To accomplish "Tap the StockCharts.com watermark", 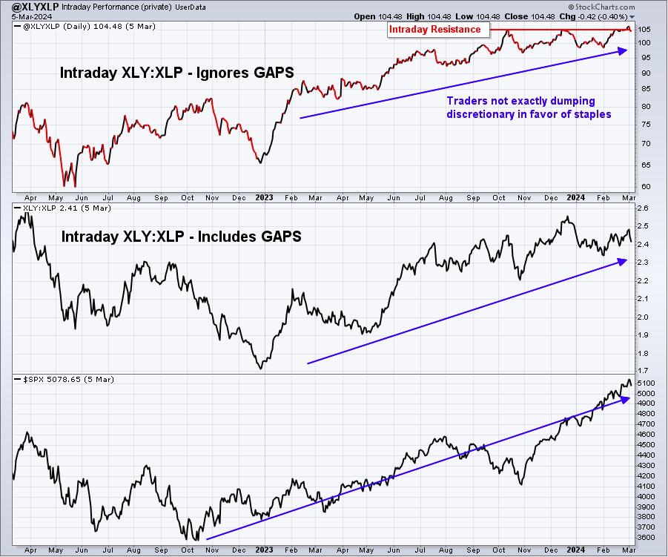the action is (x=601, y=7).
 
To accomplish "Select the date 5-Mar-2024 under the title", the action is (x=32, y=16).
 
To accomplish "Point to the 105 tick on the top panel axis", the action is (x=644, y=30).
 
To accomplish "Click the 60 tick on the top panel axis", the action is (x=646, y=186).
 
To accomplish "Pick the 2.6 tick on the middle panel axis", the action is (x=644, y=208).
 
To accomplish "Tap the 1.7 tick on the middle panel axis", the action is (x=644, y=371).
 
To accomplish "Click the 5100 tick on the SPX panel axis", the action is (x=646, y=383).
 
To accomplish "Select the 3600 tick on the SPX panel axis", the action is (x=646, y=538).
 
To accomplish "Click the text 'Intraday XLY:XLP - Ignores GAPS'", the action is (x=176, y=73).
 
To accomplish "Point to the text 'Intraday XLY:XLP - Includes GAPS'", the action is (x=181, y=237).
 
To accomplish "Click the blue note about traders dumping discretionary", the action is (x=529, y=108).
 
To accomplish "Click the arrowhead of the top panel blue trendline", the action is (x=624, y=50).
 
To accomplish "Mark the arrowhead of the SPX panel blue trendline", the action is (x=625, y=399).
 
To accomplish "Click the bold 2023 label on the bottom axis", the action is (x=264, y=550).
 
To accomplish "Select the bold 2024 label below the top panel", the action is (x=575, y=198).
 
